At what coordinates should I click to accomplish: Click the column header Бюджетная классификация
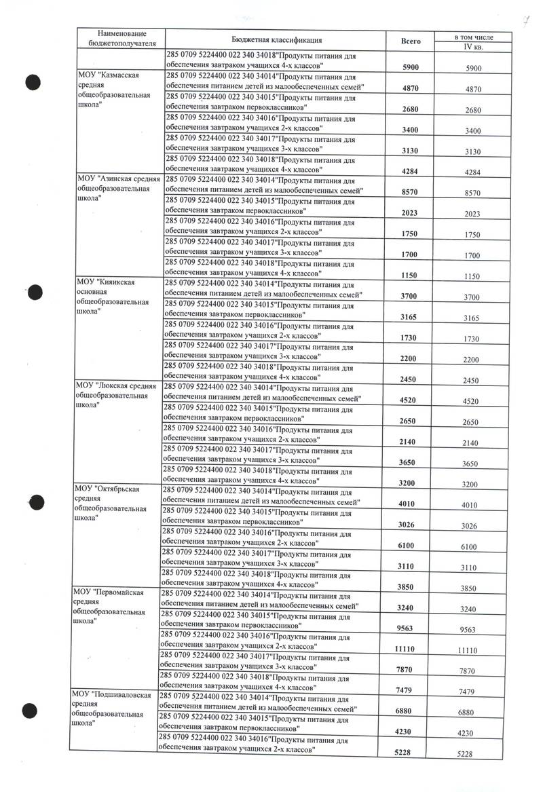click(276, 41)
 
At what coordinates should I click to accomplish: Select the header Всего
click(411, 41)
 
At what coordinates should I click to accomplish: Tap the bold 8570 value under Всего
click(409, 193)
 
